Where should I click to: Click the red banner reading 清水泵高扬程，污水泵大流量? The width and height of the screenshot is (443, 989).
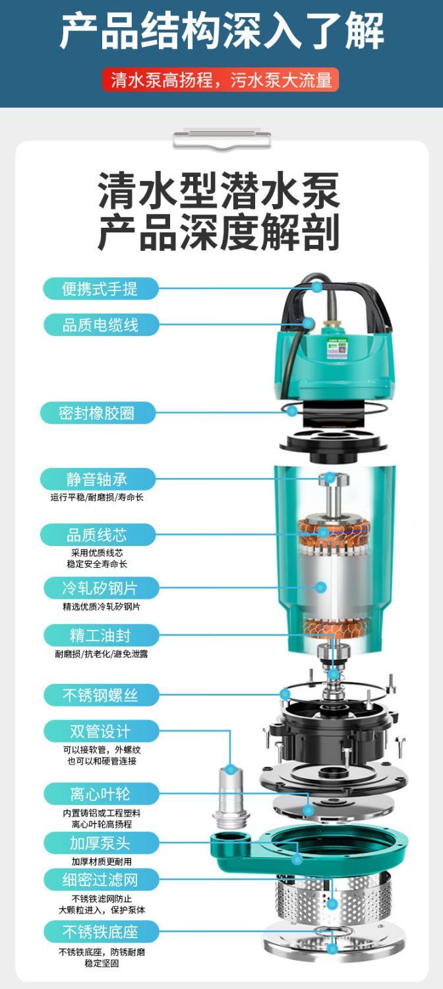(221, 80)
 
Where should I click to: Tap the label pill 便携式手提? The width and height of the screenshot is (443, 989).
(100, 289)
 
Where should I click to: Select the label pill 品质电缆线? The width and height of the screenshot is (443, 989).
(100, 325)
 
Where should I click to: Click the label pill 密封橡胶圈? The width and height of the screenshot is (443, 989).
(98, 413)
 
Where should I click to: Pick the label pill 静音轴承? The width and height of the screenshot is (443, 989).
(98, 479)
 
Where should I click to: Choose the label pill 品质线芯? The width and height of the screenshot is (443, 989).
(98, 535)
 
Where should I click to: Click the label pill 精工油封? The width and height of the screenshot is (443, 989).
(100, 635)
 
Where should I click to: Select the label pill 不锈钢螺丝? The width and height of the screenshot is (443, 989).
(100, 695)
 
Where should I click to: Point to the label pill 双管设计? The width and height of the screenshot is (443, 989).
(100, 731)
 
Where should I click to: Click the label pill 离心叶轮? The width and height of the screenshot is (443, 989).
(100, 794)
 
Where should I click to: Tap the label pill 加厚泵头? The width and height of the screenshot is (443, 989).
(100, 843)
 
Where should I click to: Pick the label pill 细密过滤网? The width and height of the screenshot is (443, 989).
(100, 880)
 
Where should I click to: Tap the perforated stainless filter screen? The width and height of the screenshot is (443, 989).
(334, 894)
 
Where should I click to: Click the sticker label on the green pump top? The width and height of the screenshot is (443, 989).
(338, 349)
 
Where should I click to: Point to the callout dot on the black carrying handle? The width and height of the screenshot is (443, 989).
(316, 286)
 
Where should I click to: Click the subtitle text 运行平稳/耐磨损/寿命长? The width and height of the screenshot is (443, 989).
(97, 498)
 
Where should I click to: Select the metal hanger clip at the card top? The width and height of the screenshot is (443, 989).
(221, 139)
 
